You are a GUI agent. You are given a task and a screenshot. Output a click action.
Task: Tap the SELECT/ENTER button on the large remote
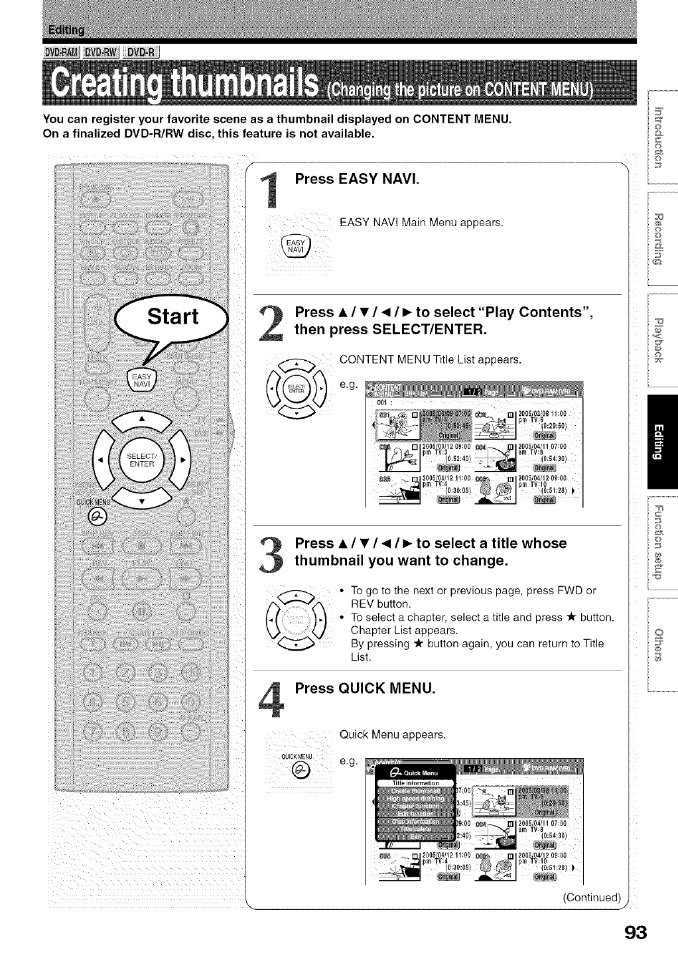pyautogui.click(x=141, y=459)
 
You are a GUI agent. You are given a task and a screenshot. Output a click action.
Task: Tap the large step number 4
pyautogui.click(x=273, y=701)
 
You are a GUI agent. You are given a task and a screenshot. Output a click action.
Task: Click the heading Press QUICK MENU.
pyautogui.click(x=365, y=688)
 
